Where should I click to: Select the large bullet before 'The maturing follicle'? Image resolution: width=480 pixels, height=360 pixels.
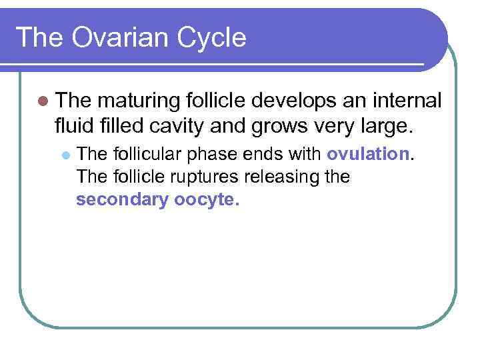[x=43, y=101]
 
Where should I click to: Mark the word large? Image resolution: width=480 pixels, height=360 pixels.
[x=379, y=126]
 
